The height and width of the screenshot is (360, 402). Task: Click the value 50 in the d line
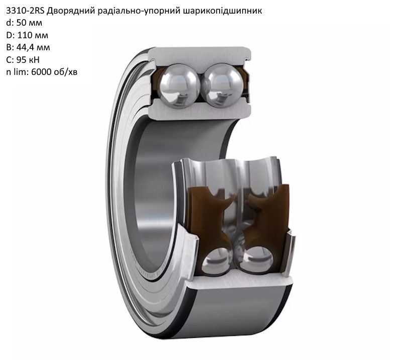click(21, 23)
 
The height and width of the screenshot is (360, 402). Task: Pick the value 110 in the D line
click(25, 35)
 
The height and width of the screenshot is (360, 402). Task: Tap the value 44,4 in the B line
click(26, 48)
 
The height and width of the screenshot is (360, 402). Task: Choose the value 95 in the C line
click(21, 60)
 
